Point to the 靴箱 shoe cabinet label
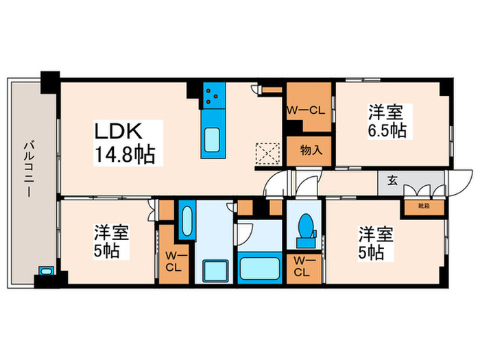tap(416, 205)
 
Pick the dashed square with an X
tap(265, 153)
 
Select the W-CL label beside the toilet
tap(303, 265)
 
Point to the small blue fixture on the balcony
tap(45, 272)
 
